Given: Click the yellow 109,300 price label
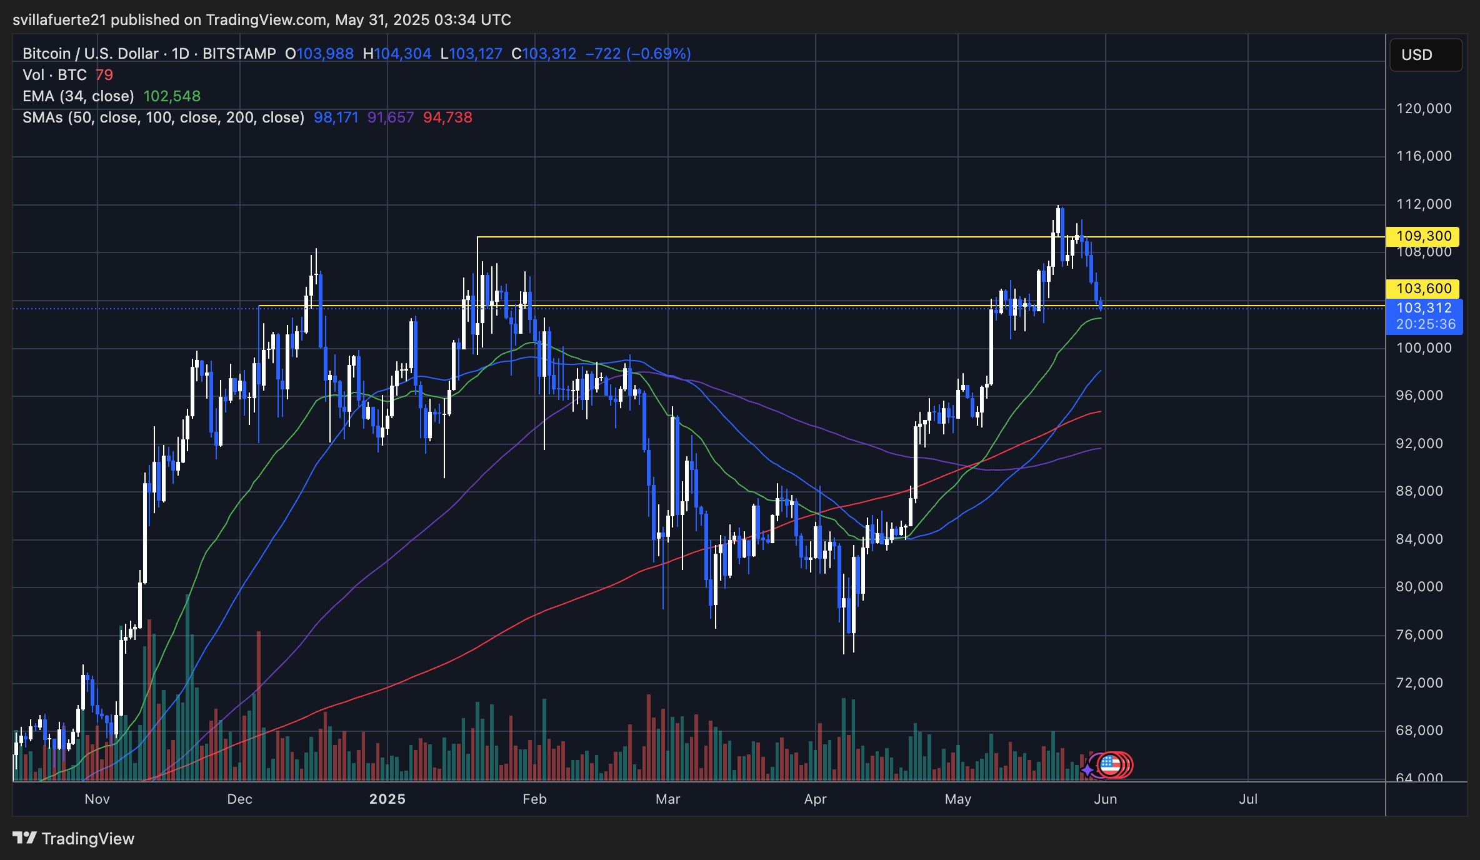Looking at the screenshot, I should click(x=1423, y=236).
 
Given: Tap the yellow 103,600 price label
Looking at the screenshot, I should click(x=1423, y=289).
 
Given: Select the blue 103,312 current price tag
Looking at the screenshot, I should click(x=1424, y=308).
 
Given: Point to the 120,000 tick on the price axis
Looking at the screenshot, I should click(x=1424, y=109).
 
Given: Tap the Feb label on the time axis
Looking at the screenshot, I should click(x=534, y=799).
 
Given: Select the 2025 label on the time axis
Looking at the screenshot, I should click(x=387, y=799).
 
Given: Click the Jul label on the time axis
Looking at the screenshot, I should click(x=1248, y=799).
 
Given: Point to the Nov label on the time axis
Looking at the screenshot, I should click(x=97, y=799).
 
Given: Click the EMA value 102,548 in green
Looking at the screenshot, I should click(x=172, y=96).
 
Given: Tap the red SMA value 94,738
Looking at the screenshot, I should click(x=447, y=117).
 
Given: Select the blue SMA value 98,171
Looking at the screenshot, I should click(x=336, y=117).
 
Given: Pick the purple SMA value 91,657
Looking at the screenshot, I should click(x=391, y=117).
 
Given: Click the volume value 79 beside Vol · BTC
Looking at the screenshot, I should click(x=104, y=75).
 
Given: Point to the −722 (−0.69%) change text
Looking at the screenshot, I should click(x=637, y=54).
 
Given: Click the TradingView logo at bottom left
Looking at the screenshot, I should click(x=74, y=839).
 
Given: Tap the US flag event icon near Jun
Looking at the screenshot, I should click(x=1110, y=764).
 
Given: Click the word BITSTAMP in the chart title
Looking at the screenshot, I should click(x=239, y=54).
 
